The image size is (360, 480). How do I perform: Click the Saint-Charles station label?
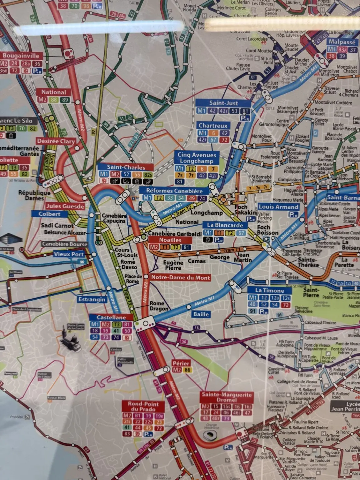[126, 167]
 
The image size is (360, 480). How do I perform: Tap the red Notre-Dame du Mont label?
[180, 277]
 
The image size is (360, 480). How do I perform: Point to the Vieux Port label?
[68, 254]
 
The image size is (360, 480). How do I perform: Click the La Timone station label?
[269, 290]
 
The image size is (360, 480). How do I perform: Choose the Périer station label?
[181, 363]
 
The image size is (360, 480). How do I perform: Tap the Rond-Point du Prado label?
[143, 406]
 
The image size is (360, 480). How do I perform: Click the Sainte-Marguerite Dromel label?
[227, 397]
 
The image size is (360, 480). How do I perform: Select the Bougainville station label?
[21, 56]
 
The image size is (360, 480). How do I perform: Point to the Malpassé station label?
[342, 42]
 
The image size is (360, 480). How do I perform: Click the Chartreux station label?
[213, 126]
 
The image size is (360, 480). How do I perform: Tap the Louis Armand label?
[278, 207]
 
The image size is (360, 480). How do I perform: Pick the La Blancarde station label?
[225, 225]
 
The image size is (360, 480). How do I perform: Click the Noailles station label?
[170, 240]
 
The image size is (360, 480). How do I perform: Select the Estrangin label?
[92, 299]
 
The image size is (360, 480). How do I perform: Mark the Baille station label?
[201, 314]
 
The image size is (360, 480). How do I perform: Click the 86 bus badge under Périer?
[187, 370]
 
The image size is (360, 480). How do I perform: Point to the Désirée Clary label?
[56, 141]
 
